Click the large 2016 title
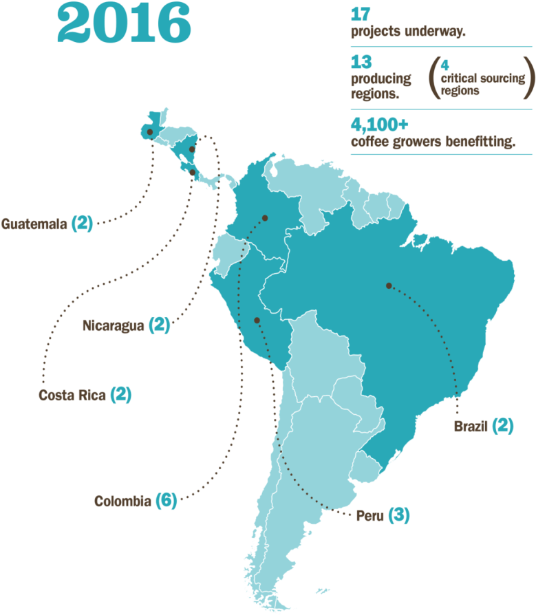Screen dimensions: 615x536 [125, 24]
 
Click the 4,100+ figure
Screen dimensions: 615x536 [379, 125]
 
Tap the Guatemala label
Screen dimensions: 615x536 [34, 224]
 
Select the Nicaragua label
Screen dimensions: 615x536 [113, 325]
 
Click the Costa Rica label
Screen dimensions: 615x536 [72, 395]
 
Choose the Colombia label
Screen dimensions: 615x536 [122, 501]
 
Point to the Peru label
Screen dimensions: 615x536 [369, 515]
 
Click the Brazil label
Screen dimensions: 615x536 [471, 427]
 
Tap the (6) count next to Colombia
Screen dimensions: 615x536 [166, 501]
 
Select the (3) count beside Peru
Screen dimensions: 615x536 [398, 515]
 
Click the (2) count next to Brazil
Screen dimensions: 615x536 [502, 427]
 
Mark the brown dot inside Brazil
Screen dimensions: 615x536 [389, 285]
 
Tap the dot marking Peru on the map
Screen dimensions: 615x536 [257, 320]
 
